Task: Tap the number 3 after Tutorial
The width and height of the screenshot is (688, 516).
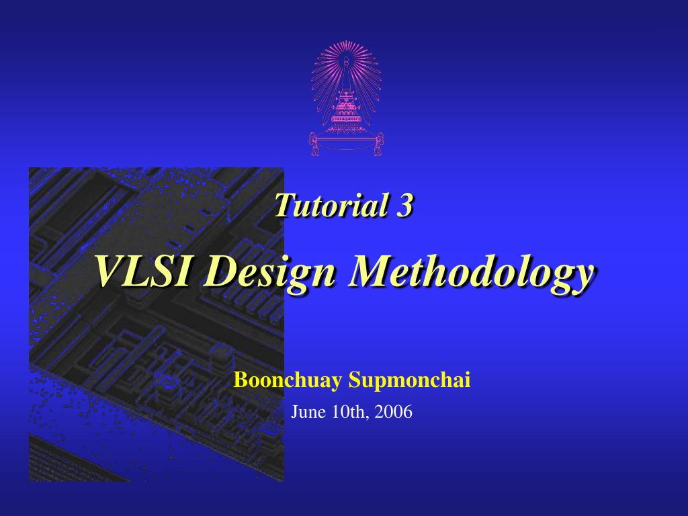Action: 404,206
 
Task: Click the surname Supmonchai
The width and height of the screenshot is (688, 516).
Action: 409,380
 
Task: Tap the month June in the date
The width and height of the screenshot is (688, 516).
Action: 308,412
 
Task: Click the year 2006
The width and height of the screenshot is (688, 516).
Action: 394,412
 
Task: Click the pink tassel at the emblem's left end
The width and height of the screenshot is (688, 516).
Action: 314,144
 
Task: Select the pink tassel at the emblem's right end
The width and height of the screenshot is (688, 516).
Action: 378,144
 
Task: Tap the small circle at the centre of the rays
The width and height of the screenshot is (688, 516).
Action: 346,60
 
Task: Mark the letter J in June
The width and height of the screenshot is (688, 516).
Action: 295,412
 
